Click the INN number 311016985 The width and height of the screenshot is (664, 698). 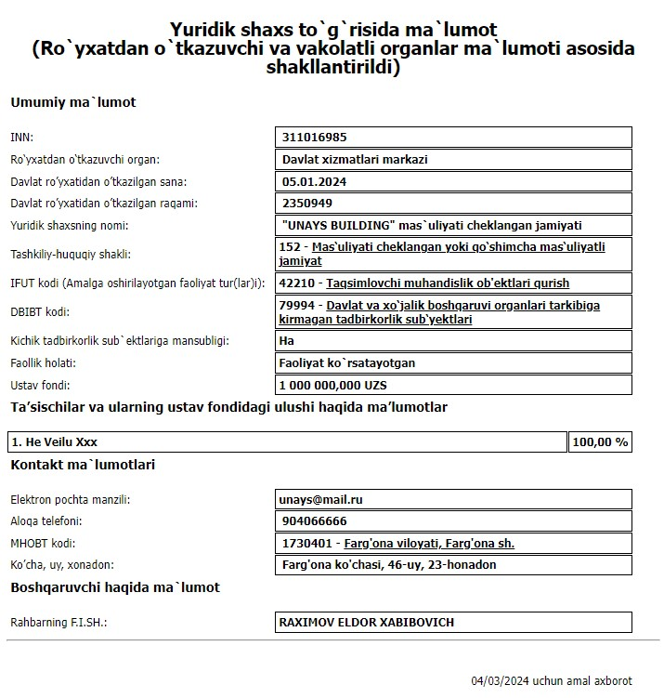(315, 138)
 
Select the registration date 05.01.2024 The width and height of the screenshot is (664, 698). (314, 181)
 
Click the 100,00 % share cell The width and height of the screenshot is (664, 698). (600, 441)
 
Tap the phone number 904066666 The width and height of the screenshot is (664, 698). (313, 521)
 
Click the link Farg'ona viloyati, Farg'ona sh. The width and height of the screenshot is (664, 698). (429, 543)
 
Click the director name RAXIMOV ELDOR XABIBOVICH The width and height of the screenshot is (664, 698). (367, 622)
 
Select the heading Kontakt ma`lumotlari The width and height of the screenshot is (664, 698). (83, 465)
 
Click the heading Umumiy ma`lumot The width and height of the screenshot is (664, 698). (73, 102)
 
